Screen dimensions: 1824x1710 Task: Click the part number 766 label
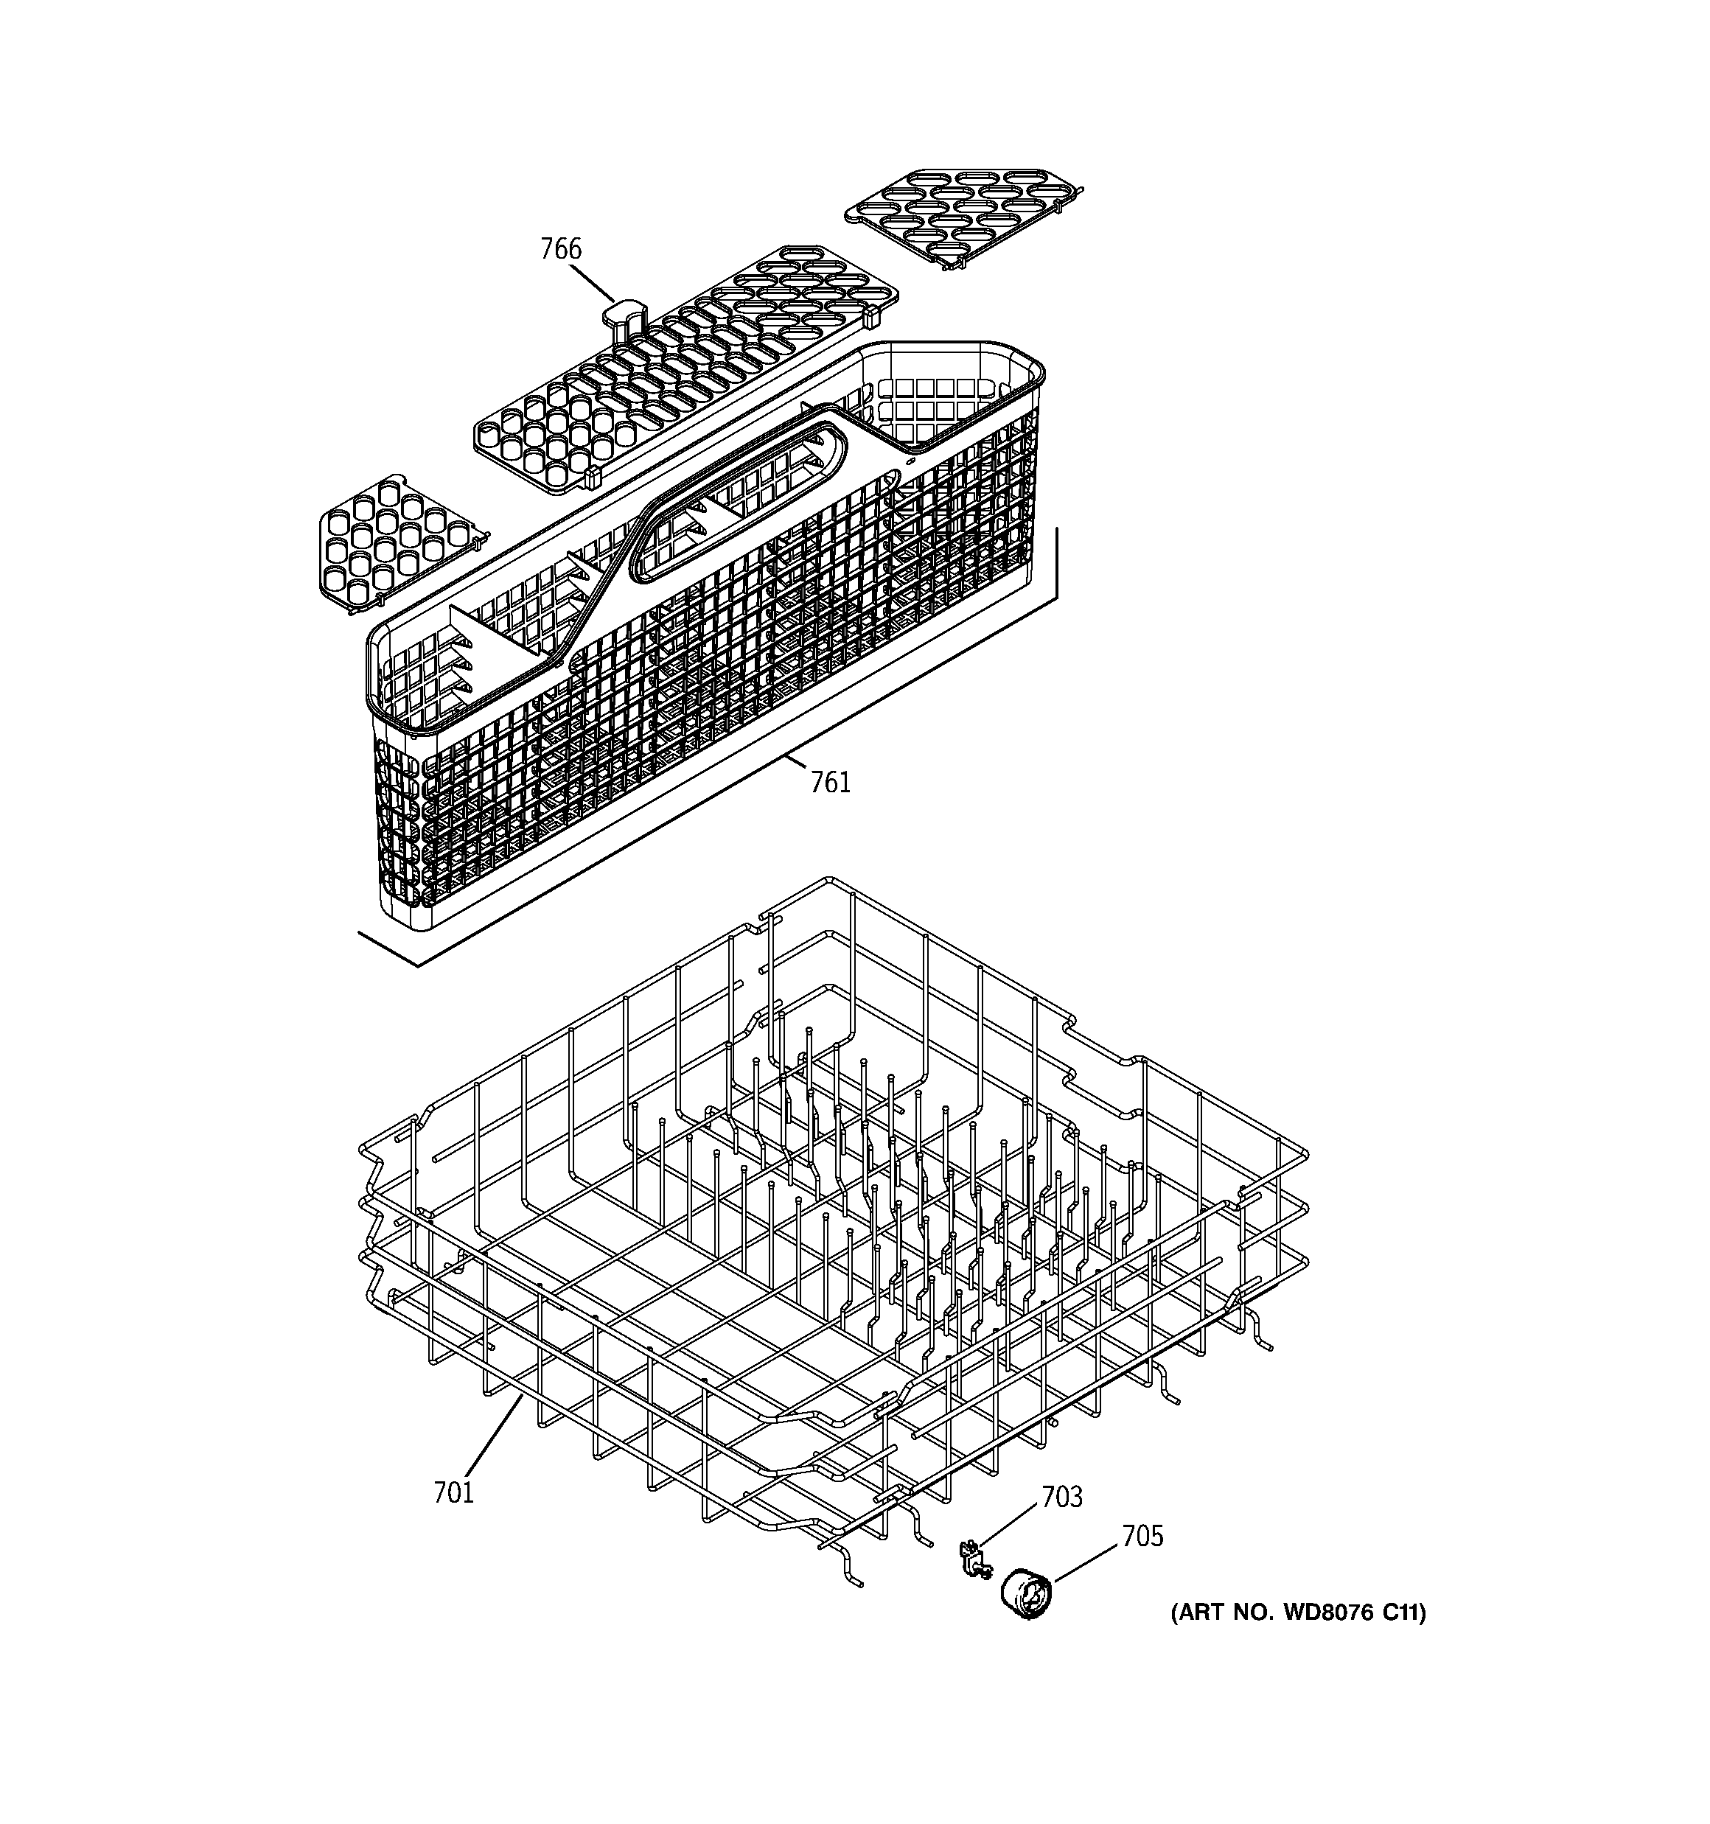click(560, 248)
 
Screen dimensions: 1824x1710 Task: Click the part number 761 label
click(830, 782)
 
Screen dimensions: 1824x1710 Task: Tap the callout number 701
click(453, 1493)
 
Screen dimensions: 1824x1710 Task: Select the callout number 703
click(1061, 1497)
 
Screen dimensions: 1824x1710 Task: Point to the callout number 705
click(1142, 1536)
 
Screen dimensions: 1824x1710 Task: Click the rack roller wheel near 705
click(1025, 1595)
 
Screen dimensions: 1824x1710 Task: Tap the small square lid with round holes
click(397, 543)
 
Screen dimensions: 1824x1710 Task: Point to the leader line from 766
click(592, 282)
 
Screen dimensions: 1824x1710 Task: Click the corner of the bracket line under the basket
click(419, 966)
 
